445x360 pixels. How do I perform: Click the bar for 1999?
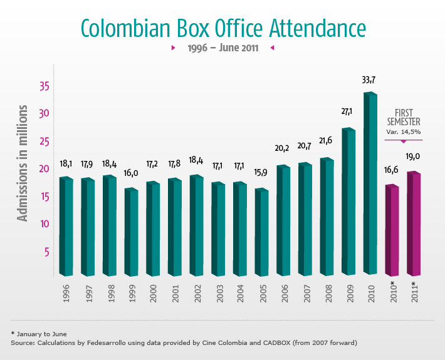click(x=131, y=232)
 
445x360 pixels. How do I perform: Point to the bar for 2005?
click(x=261, y=232)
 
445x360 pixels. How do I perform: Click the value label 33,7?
click(x=369, y=80)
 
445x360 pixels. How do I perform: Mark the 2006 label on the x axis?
click(x=284, y=292)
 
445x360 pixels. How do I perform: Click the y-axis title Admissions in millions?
click(x=23, y=164)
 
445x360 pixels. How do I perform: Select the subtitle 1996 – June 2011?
click(x=223, y=48)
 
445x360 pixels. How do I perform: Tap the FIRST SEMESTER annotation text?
click(x=402, y=117)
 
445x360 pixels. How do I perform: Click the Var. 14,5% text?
click(x=403, y=132)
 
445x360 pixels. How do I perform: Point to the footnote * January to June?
click(x=39, y=334)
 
